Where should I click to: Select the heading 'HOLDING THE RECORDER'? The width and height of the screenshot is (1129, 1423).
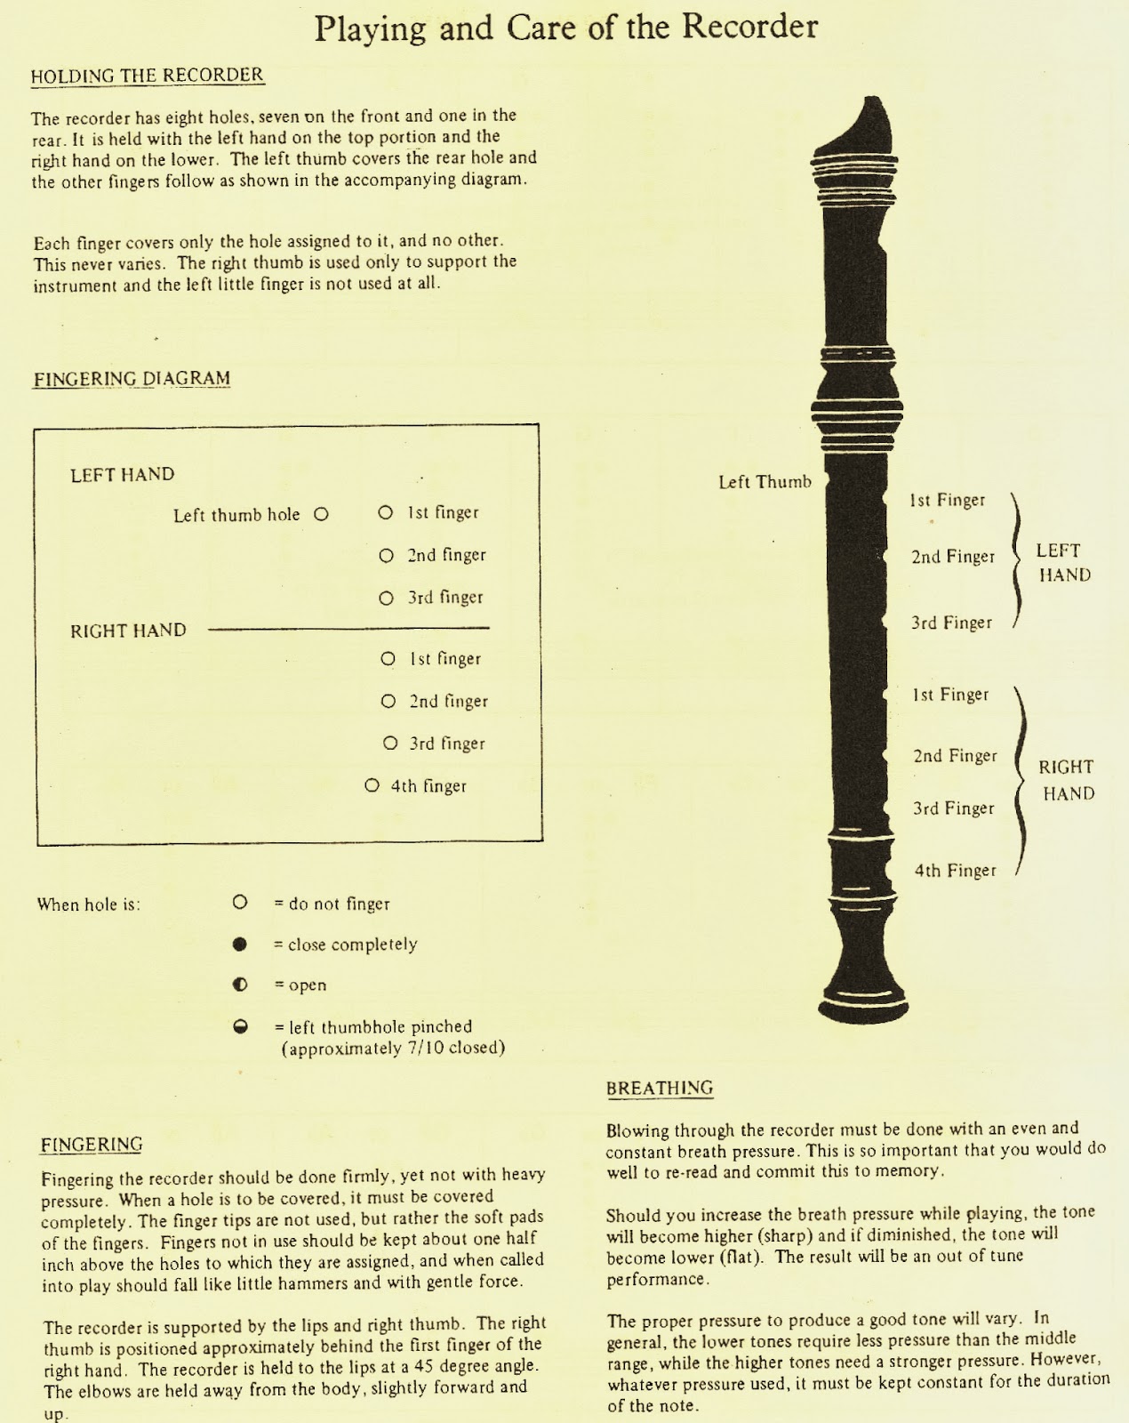pos(148,76)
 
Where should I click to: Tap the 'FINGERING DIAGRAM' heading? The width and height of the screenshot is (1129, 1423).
pos(132,379)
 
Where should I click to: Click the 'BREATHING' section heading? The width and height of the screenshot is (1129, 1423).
pos(660,1088)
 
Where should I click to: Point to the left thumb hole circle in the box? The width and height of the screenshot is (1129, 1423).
pos(322,514)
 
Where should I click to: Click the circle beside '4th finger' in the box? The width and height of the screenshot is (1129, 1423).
pos(372,786)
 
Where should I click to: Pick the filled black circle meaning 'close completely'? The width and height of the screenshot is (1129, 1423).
pos(239,945)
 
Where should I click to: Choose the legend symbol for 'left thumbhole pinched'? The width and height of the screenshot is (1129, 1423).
pos(239,1026)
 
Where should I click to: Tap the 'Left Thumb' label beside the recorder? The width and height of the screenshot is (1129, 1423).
pos(765,482)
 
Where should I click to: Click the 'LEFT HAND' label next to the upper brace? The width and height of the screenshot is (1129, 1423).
pos(1063,563)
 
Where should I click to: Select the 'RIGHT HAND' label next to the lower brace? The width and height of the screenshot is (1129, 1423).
pos(1067,780)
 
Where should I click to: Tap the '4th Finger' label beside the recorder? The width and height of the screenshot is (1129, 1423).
pos(956,871)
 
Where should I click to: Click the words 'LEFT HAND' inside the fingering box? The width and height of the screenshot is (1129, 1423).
pos(123,475)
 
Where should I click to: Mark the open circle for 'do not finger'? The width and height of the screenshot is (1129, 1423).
pos(239,903)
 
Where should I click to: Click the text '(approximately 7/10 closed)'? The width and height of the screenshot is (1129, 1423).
pos(393,1049)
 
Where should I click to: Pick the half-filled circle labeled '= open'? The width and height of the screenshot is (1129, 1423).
pos(239,985)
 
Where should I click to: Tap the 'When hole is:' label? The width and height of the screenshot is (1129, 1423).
pos(89,904)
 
